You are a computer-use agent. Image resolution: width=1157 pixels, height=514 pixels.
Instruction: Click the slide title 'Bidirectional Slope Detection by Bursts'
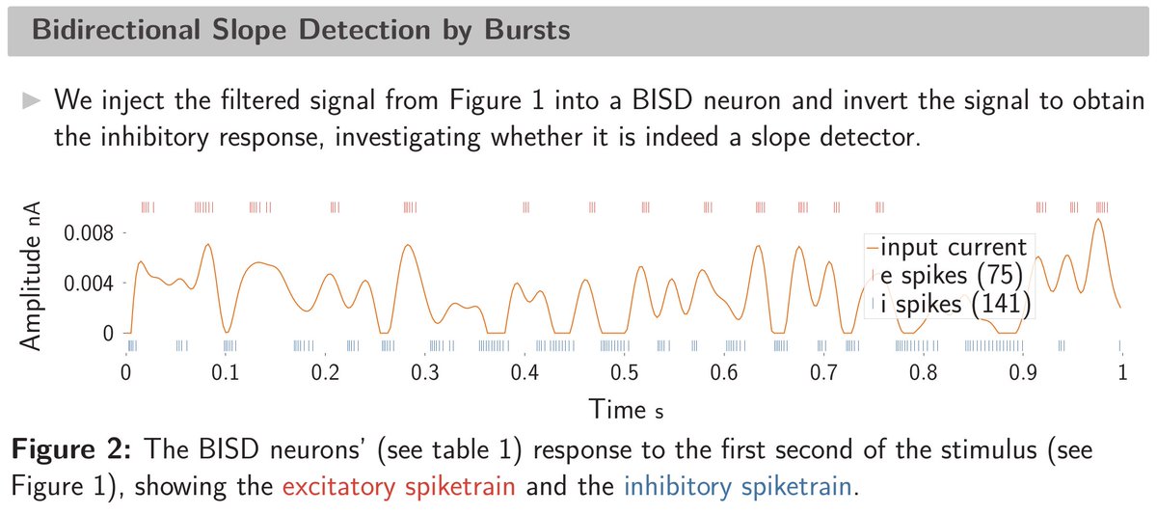click(300, 30)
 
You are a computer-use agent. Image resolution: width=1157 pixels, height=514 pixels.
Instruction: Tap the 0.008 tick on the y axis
click(89, 233)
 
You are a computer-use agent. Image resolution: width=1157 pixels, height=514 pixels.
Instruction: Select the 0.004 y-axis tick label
click(89, 284)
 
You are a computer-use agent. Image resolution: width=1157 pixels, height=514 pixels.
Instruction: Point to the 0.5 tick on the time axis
click(625, 372)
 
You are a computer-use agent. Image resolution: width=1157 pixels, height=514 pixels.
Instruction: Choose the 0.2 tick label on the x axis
click(326, 372)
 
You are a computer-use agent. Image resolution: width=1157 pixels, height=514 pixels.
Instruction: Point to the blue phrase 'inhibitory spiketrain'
click(738, 486)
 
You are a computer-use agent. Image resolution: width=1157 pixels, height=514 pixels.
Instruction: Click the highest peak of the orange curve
click(1097, 220)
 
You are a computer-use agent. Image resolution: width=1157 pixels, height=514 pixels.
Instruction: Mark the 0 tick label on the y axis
click(107, 333)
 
